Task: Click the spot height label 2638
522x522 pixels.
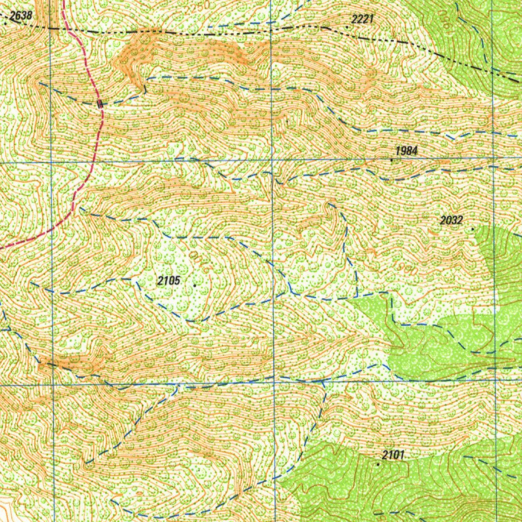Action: click(21, 16)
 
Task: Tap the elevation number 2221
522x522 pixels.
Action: click(362, 19)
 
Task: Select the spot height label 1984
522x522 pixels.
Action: click(406, 151)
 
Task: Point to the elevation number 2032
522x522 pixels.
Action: click(451, 220)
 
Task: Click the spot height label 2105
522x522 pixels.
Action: click(169, 280)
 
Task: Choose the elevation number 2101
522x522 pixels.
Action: click(393, 455)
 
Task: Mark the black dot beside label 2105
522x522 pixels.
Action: click(195, 285)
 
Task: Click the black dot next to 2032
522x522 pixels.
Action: click(473, 229)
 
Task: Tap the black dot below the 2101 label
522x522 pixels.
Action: click(378, 464)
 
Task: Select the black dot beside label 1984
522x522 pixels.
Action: click(391, 160)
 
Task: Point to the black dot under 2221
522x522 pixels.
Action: click(347, 27)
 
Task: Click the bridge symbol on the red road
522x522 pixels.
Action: click(100, 103)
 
